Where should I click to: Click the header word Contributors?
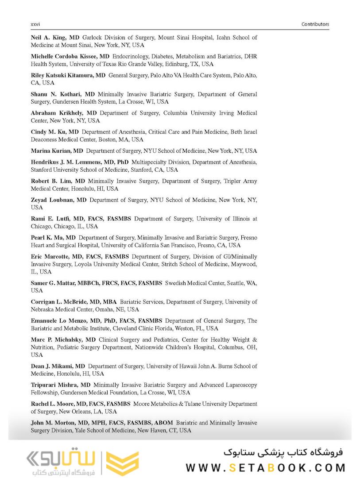click(315, 24)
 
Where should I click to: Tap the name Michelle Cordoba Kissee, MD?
click(70, 57)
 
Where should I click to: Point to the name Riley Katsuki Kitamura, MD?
click(68, 75)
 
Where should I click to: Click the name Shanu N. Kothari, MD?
click(63, 94)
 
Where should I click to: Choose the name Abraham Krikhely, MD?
click(64, 113)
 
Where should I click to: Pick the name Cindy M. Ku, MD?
click(55, 132)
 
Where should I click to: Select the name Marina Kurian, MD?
click(57, 151)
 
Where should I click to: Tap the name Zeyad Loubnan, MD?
click(58, 200)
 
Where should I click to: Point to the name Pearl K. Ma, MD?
click(53, 238)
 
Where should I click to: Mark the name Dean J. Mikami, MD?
click(58, 366)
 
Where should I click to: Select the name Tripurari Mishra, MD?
click(61, 385)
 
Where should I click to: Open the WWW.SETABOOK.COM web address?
click(265, 467)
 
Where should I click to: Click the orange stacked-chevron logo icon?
click(124, 464)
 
